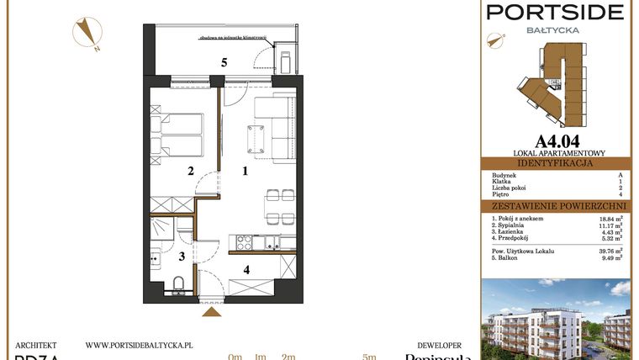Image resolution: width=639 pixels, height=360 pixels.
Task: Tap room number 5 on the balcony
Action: coord(224,62)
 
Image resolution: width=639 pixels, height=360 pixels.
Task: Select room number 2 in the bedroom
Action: coord(192,172)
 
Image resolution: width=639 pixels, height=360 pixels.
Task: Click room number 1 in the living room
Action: coord(245,172)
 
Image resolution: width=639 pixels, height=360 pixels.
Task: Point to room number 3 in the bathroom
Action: coord(181,257)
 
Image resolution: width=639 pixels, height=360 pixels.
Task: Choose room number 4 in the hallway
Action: coord(246,270)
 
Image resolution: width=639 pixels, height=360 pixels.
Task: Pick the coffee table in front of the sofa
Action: coord(256,135)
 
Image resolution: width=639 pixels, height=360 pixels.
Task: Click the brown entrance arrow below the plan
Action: coord(213,313)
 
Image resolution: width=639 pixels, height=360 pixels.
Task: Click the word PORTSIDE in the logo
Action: coord(556,13)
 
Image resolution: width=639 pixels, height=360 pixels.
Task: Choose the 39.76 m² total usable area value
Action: coord(610,251)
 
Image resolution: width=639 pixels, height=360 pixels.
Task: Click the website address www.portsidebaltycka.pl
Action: coord(140,345)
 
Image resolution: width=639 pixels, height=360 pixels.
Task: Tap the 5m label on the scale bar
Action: coord(368,357)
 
